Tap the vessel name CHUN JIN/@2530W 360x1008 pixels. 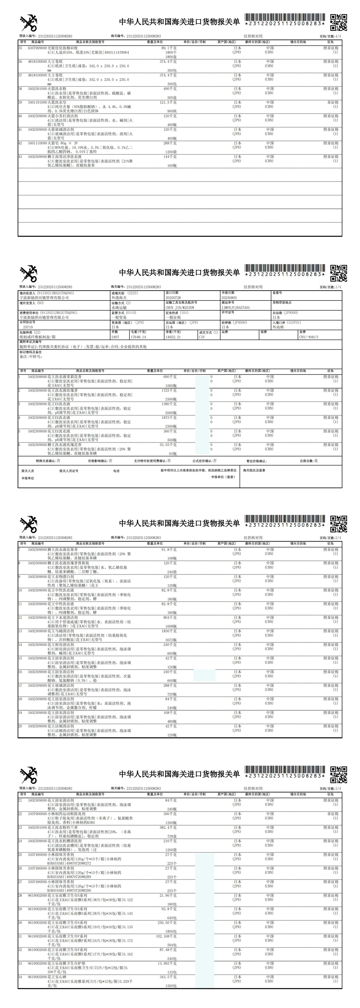[180, 308]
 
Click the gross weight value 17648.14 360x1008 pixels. [139, 337]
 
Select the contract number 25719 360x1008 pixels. [28, 327]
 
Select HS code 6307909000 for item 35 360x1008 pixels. [37, 48]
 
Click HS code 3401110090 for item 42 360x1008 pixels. [37, 143]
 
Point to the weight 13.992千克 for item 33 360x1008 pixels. [168, 963]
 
